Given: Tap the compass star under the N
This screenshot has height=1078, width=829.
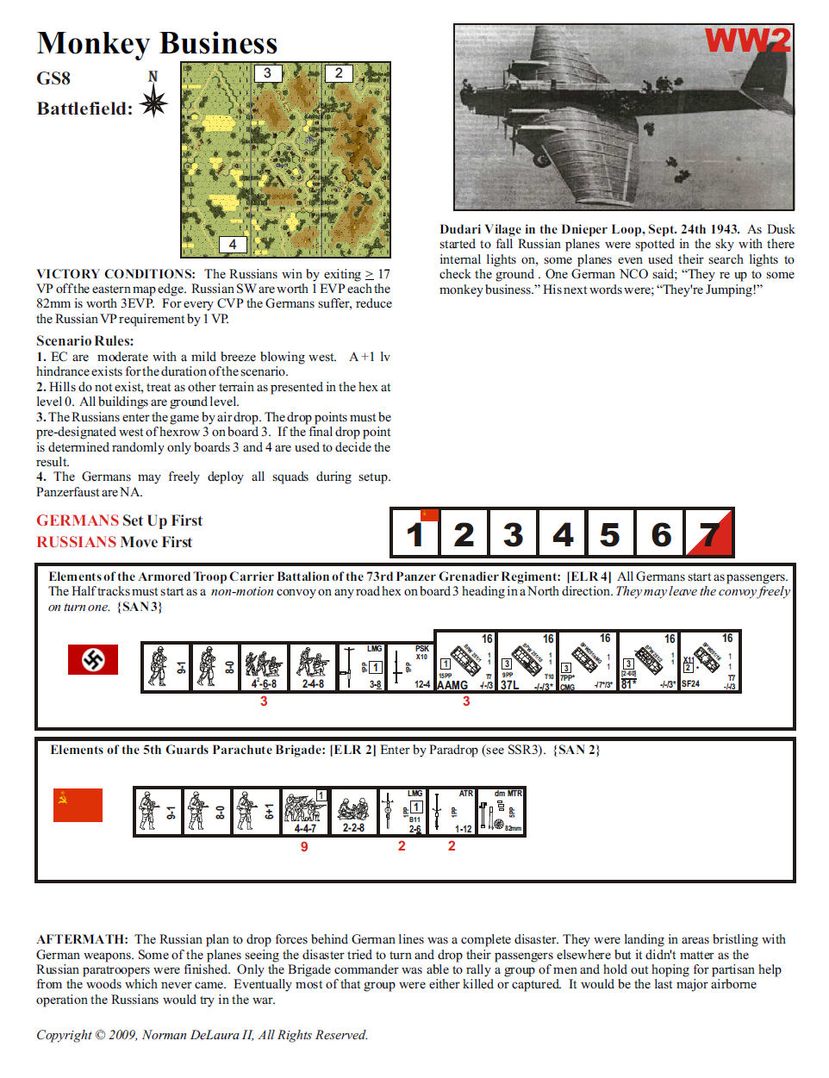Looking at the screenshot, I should (153, 103).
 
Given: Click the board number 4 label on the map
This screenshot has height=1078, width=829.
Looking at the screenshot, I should (233, 245).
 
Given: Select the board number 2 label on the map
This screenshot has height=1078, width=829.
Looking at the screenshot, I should (339, 73).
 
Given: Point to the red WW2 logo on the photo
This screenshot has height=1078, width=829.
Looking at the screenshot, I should (747, 41).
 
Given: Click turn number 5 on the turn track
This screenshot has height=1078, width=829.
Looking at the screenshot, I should (610, 534).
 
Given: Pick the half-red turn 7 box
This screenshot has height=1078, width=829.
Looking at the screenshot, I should (709, 534).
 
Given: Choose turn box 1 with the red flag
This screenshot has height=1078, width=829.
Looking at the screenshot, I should (415, 534).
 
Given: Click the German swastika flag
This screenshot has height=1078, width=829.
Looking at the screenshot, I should (93, 660).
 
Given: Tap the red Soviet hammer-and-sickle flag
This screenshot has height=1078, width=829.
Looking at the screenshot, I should (78, 805).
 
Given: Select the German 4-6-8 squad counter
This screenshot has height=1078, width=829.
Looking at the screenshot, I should (264, 667).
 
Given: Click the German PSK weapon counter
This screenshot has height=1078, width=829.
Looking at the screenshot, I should (410, 667).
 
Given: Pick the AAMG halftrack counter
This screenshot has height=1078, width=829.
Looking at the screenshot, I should (465, 662).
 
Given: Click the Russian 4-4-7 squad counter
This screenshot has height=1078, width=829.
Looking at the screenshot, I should (305, 812).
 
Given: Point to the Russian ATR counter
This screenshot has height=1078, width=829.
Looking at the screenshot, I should (452, 812).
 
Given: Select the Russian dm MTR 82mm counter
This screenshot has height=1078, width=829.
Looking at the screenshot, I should (501, 812).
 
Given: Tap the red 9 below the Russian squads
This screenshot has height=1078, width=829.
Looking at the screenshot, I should (304, 847).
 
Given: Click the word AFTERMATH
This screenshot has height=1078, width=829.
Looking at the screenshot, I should (82, 939).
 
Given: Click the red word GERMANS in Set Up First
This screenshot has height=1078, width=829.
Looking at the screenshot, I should (78, 520).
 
